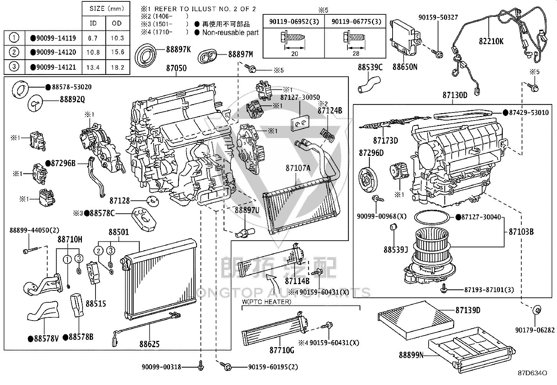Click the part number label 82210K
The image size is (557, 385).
(x=491, y=41)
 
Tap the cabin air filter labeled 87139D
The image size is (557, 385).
(x=416, y=321)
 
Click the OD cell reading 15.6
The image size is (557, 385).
(x=118, y=52)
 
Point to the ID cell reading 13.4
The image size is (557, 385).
(x=93, y=67)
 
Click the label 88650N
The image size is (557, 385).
(x=405, y=67)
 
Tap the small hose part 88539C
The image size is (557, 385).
(x=369, y=85)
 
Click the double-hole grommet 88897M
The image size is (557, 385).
(x=207, y=56)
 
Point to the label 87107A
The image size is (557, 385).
(x=298, y=169)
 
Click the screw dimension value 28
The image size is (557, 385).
(x=356, y=53)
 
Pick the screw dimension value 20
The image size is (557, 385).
(x=294, y=54)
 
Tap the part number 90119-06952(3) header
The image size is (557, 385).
(x=294, y=22)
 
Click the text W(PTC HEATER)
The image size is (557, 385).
(x=267, y=302)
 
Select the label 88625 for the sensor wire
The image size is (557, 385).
(x=149, y=344)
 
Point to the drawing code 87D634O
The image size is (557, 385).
(x=533, y=373)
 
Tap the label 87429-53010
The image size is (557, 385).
(x=529, y=112)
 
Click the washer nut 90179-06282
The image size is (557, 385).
(x=537, y=310)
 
